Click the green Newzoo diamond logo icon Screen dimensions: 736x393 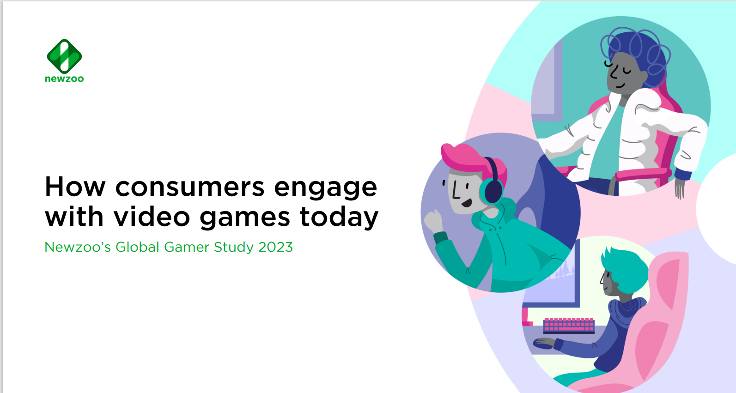(64, 56)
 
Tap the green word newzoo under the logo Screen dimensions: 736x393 (64, 79)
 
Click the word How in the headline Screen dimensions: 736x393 (75, 187)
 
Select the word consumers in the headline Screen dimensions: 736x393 (190, 187)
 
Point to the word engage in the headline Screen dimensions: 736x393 (325, 189)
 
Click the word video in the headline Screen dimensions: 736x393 (152, 216)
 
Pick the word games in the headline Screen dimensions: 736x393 (245, 218)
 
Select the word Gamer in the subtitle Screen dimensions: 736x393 (186, 247)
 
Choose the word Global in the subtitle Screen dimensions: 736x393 (137, 247)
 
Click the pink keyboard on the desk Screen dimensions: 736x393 (569, 325)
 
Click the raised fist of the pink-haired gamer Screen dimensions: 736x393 (433, 221)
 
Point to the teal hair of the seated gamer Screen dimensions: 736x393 (623, 267)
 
